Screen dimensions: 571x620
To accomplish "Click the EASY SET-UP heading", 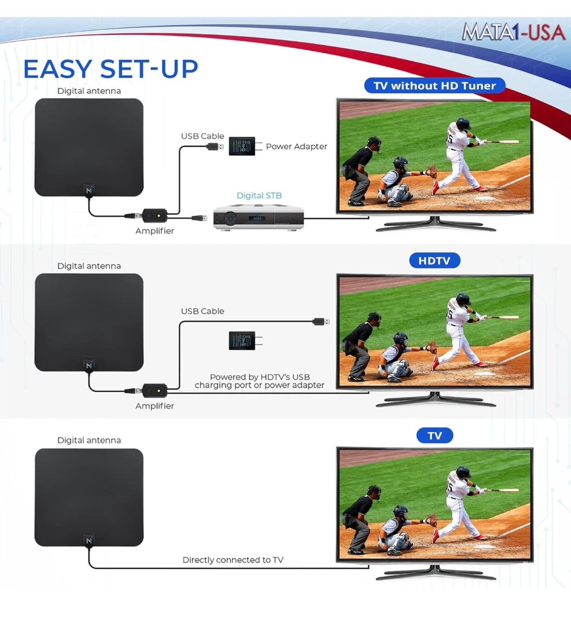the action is (x=110, y=68).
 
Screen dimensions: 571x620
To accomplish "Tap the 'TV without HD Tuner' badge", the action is (x=434, y=86).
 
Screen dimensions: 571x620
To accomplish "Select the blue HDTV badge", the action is (x=434, y=260).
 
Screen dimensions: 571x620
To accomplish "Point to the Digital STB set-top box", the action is (x=258, y=217).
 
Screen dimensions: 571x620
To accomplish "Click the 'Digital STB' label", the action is (x=259, y=195).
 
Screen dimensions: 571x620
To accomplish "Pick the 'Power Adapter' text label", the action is (x=296, y=146).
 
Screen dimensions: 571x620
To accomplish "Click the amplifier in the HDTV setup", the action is (x=155, y=391).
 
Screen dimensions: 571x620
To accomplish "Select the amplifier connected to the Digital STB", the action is (x=155, y=215).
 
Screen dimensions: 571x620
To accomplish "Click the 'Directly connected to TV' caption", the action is (x=233, y=560).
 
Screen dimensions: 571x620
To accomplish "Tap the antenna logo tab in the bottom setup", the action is (x=89, y=540).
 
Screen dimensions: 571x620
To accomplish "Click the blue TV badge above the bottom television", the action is (x=434, y=436).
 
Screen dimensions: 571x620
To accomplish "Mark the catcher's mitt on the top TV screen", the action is (x=431, y=171).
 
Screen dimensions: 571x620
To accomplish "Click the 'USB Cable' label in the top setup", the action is (x=202, y=136).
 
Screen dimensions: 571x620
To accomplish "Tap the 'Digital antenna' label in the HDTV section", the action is (x=89, y=266).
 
